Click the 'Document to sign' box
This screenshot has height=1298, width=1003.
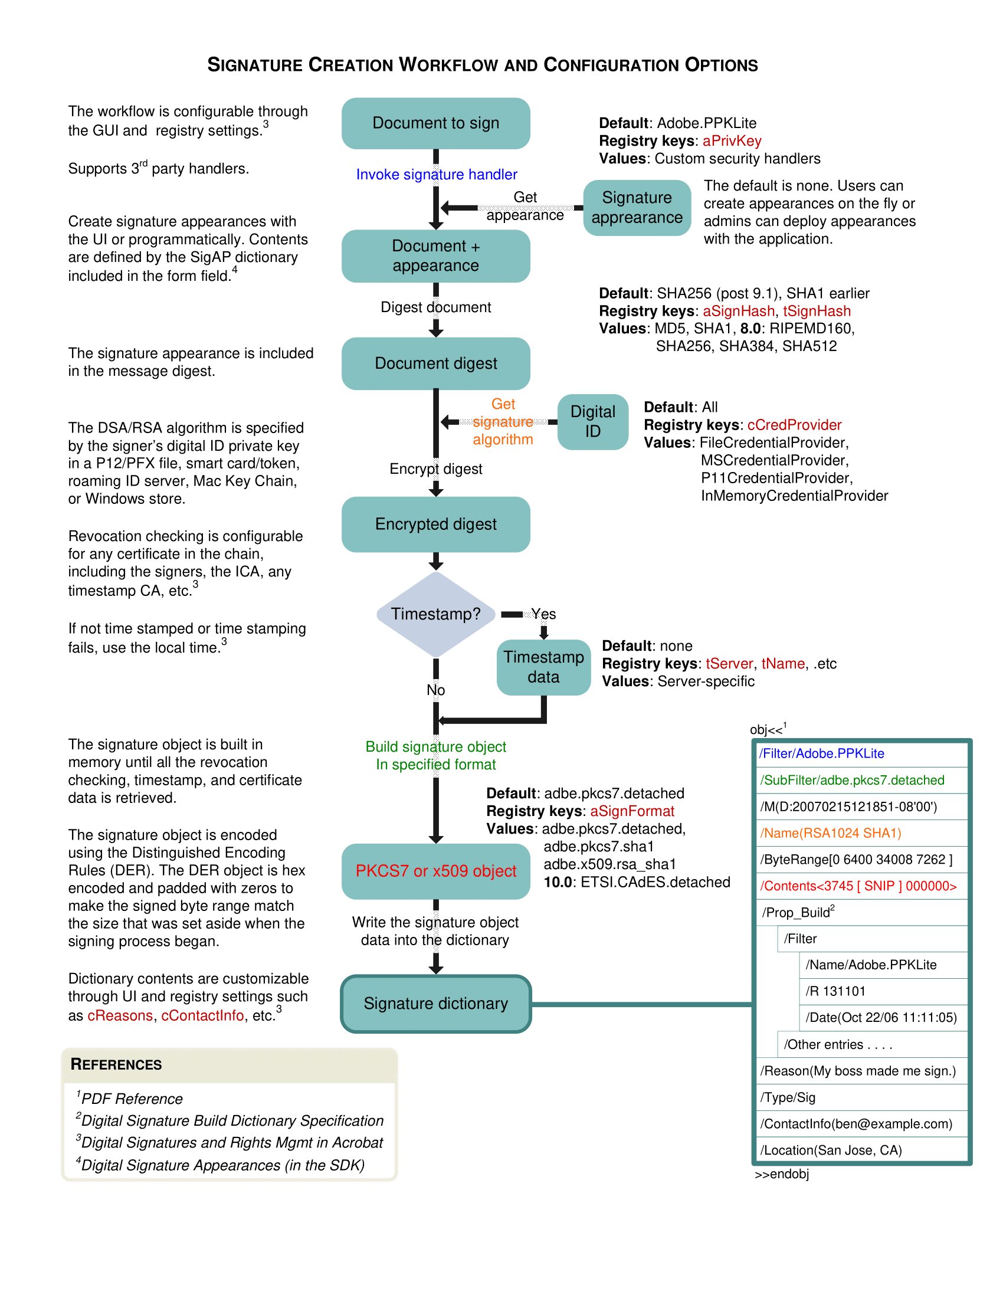[x=435, y=123]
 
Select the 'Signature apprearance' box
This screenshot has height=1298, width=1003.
[x=637, y=208]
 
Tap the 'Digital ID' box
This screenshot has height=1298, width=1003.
[x=592, y=421]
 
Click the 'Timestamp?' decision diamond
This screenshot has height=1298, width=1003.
[x=435, y=614]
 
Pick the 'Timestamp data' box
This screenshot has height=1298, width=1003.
[x=543, y=667]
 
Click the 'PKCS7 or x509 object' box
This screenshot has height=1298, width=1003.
[x=435, y=871]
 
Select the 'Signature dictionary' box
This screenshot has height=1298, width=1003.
[x=435, y=1003]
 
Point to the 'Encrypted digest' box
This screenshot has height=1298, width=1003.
[x=435, y=524]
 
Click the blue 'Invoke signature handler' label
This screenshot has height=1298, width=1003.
[x=436, y=174]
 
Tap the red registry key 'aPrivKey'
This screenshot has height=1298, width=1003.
[x=732, y=141]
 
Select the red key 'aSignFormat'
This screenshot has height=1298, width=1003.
[x=632, y=811]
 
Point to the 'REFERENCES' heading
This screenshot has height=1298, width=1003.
[x=116, y=1064]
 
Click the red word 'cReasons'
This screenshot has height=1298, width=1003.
[x=120, y=1016]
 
